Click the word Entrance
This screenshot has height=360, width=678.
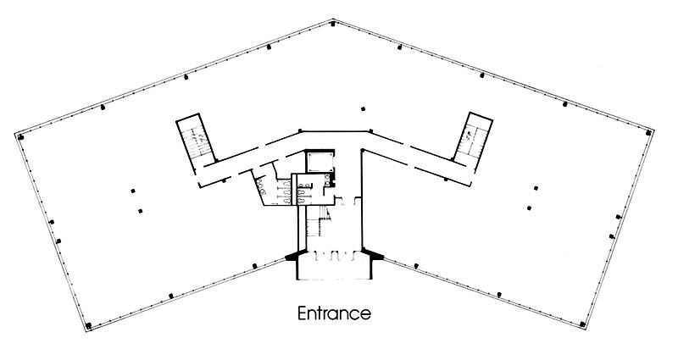click(x=334, y=313)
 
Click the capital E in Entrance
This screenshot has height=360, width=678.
click(x=302, y=313)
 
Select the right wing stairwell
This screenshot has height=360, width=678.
click(x=473, y=137)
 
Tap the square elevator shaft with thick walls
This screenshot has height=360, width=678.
click(x=320, y=161)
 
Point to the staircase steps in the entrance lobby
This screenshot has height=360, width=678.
click(x=319, y=221)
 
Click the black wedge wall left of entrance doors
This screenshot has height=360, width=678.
click(x=296, y=256)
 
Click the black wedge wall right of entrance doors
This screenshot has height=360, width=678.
click(x=373, y=254)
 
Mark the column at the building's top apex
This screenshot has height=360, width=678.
click(x=332, y=24)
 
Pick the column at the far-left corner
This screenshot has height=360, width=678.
click(x=20, y=137)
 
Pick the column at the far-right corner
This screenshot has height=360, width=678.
click(x=648, y=133)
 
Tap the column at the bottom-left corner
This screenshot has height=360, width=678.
click(x=89, y=325)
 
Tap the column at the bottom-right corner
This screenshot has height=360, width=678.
click(x=582, y=324)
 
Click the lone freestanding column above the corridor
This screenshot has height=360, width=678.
click(x=364, y=109)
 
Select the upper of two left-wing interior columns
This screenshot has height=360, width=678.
click(x=133, y=191)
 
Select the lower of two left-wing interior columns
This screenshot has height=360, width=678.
click(x=140, y=211)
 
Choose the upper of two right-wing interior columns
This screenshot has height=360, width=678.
click(x=536, y=188)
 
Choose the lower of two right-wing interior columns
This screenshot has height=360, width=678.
click(x=529, y=208)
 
